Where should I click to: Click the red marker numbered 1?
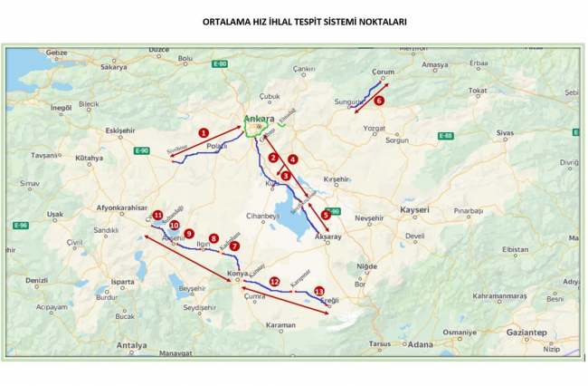click(x=204, y=132)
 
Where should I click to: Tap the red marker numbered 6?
click(x=380, y=101)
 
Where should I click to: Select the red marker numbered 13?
click(x=318, y=291)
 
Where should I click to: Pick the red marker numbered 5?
click(x=325, y=215)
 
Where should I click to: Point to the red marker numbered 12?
click(x=274, y=282)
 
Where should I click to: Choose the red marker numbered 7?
click(x=234, y=246)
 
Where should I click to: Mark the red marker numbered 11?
click(x=157, y=215)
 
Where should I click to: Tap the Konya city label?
click(x=237, y=272)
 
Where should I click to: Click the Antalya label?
click(x=131, y=345)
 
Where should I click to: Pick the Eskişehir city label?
click(x=119, y=130)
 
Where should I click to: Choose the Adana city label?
click(x=420, y=344)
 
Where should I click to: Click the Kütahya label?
click(x=89, y=158)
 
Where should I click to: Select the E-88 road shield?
click(x=444, y=136)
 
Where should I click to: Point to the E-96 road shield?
click(x=21, y=225)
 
